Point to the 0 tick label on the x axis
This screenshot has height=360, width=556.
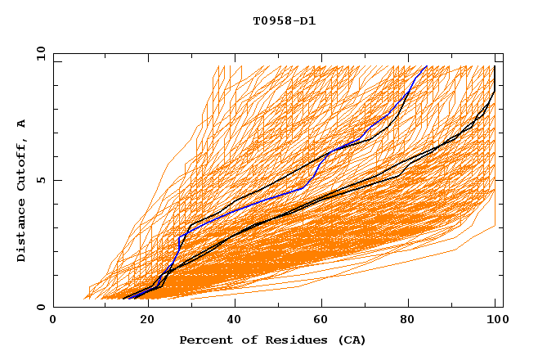click(54, 320)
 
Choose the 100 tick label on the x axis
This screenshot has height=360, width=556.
click(495, 320)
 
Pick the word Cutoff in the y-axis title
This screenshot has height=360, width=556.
click(22, 164)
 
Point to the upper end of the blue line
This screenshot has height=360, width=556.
click(427, 65)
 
